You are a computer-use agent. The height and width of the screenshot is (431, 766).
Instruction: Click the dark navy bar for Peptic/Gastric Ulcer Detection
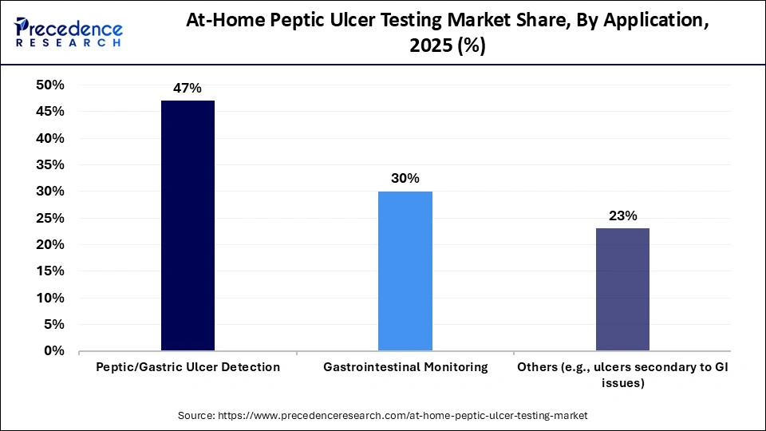188,226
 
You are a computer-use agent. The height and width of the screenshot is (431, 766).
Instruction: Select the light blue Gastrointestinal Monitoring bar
405,271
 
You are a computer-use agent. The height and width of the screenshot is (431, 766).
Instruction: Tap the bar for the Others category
622,289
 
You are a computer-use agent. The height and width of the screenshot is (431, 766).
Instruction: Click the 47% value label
188,89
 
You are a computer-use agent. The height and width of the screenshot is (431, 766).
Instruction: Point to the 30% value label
405,179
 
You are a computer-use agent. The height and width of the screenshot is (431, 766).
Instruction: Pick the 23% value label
622,215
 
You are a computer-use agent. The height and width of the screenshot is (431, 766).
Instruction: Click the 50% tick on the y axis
50,85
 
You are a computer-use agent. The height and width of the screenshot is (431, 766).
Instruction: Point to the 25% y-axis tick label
50,218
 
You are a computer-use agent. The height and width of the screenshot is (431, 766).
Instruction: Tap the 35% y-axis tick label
50,165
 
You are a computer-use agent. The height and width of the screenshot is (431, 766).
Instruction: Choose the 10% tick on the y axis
50,298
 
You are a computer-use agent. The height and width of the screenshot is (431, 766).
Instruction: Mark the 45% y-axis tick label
50,112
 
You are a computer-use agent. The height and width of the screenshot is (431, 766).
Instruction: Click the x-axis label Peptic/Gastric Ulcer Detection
188,367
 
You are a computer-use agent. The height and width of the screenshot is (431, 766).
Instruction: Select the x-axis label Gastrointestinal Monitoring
405,367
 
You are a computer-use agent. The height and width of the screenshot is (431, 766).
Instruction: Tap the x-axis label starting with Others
622,374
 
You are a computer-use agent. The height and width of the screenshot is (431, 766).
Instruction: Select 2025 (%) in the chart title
447,46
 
